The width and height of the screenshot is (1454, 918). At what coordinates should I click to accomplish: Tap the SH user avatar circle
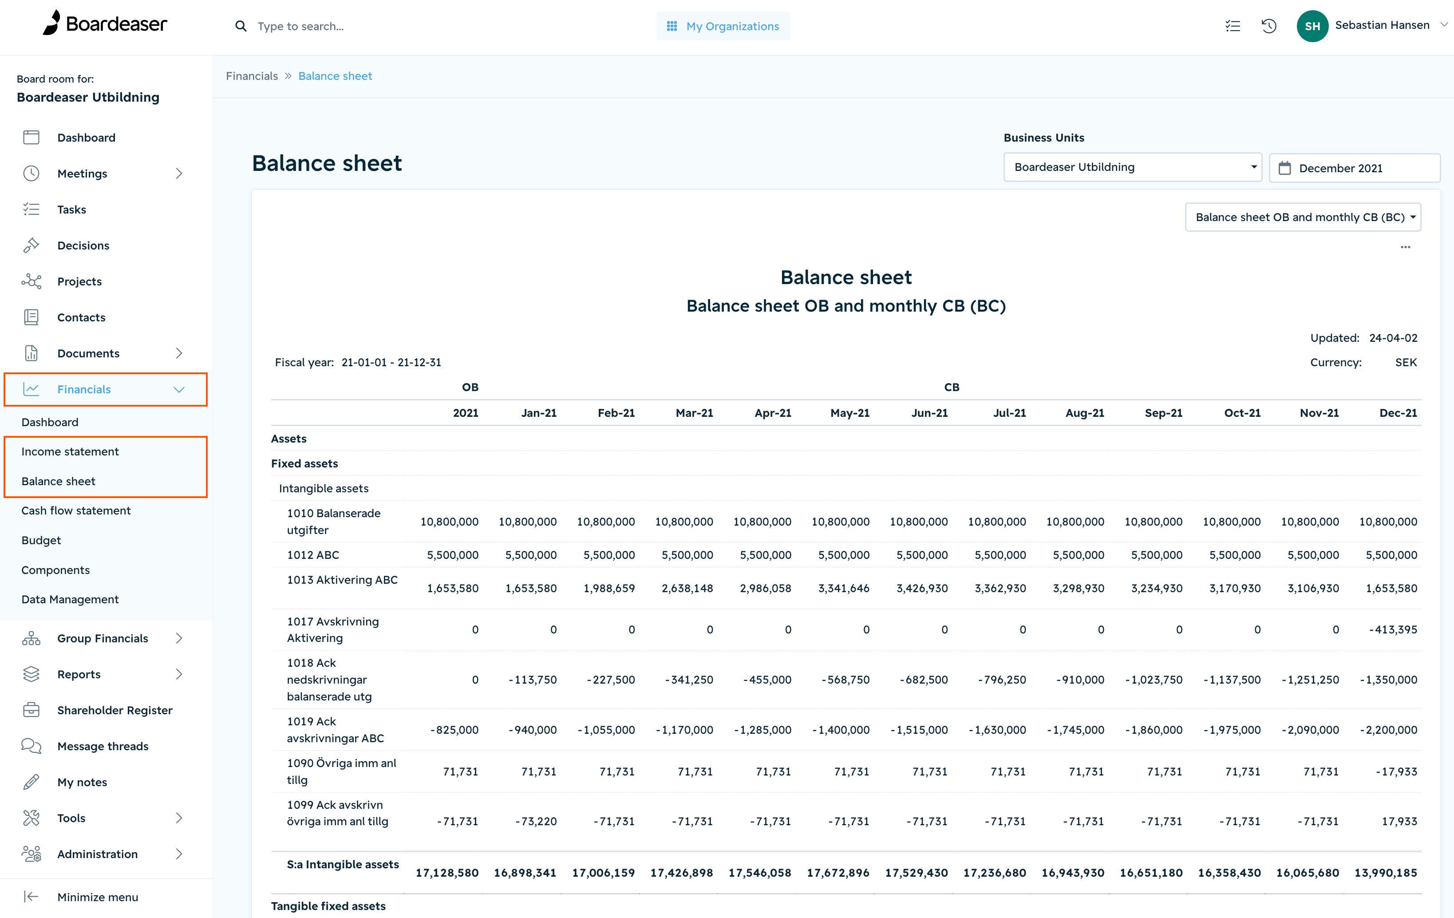click(x=1312, y=26)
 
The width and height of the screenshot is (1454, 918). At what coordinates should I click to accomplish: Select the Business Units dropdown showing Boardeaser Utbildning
click(x=1132, y=167)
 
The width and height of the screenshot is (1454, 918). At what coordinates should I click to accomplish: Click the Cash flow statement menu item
click(x=76, y=510)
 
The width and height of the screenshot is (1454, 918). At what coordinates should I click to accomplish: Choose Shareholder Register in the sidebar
click(x=115, y=710)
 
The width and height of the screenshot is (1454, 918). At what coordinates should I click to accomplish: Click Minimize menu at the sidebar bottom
click(x=97, y=897)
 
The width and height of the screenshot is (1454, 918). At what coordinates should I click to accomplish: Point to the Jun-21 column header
click(x=929, y=413)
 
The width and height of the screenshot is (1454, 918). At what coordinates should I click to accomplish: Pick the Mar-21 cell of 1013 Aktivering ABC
click(x=687, y=588)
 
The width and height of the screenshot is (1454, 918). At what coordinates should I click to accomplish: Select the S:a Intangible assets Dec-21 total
click(x=1385, y=873)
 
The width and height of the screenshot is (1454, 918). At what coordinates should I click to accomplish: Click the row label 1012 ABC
click(x=313, y=555)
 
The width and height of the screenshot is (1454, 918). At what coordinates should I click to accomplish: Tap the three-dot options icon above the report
click(x=1405, y=247)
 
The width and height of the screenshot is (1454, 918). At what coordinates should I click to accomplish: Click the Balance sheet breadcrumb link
click(x=335, y=76)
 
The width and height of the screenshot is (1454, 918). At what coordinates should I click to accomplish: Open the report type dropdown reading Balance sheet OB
click(x=1303, y=218)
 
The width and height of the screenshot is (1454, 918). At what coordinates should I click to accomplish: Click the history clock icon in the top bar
click(x=1268, y=26)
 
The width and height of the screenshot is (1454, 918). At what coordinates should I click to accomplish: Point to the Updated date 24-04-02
click(x=1393, y=338)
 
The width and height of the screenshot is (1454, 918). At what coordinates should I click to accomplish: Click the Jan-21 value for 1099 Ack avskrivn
click(x=536, y=821)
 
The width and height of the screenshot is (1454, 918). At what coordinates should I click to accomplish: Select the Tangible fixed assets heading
click(x=328, y=906)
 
